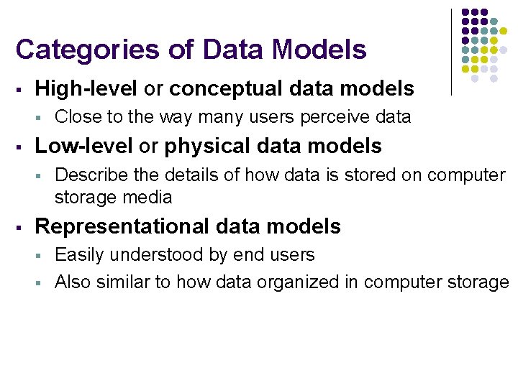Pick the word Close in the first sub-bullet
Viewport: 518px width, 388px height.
[x=74, y=116]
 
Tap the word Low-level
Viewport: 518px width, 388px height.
[x=83, y=146]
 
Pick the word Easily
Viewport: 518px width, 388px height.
[x=78, y=254]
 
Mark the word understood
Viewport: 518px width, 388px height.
[x=160, y=254]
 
